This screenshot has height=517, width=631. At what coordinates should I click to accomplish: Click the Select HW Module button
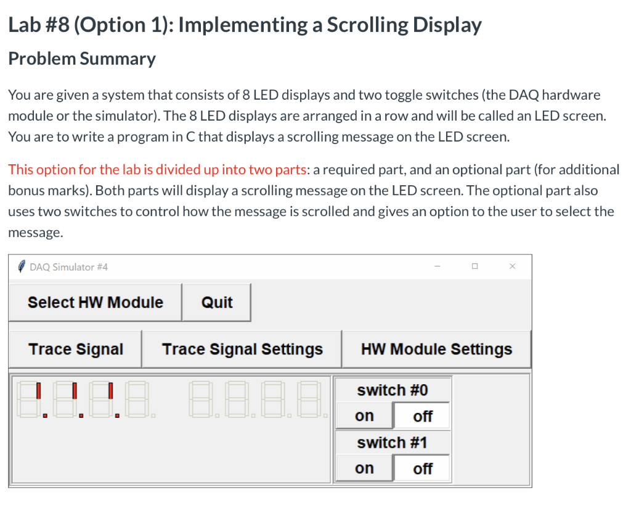(95, 302)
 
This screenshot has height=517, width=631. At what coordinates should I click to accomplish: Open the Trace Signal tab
(75, 349)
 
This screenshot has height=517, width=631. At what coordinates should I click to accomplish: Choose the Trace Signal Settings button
(242, 349)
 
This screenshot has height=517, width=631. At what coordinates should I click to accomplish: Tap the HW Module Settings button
(436, 349)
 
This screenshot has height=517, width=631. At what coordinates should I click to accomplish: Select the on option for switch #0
(364, 416)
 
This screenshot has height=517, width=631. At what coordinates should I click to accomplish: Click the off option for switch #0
(422, 416)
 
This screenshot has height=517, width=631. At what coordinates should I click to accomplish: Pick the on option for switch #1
(364, 468)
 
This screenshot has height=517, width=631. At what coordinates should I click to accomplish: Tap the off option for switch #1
(422, 468)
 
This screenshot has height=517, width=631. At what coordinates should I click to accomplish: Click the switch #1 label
(393, 443)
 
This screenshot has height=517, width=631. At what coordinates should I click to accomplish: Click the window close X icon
(512, 267)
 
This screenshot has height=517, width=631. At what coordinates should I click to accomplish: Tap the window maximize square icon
(474, 267)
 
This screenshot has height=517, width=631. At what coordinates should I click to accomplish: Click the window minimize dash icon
(437, 267)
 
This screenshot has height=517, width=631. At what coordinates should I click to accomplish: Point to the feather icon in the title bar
(21, 267)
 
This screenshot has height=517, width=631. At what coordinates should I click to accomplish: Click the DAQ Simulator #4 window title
(68, 267)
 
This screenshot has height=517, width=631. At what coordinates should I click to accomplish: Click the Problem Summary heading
(81, 58)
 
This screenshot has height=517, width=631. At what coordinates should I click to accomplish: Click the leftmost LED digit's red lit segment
(39, 390)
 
